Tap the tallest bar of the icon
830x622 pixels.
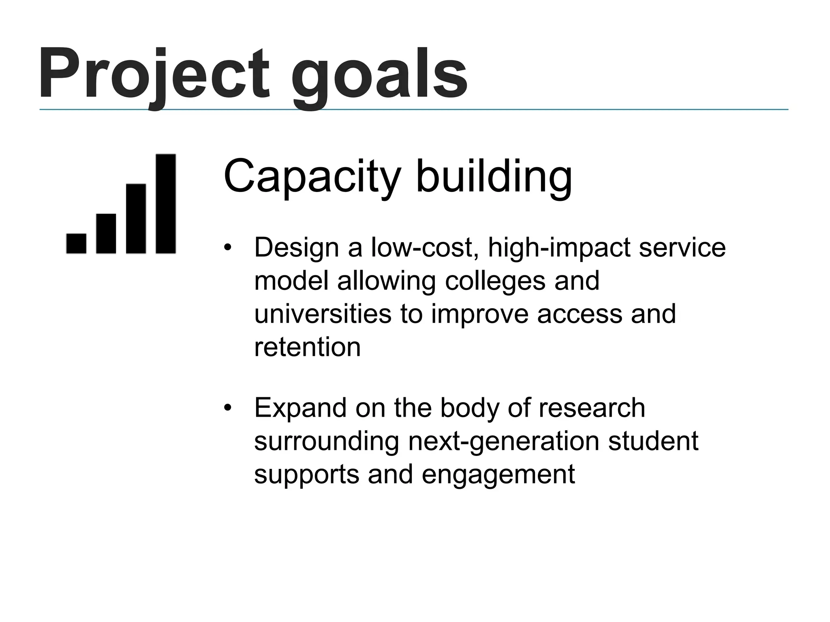coord(166,204)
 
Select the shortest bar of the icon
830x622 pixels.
coord(76,243)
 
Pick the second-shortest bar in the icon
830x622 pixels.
coord(106,234)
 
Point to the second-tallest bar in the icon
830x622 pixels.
coord(136,219)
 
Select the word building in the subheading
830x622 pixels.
coord(494,177)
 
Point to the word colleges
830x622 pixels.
coord(495,281)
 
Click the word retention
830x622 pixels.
coord(307,347)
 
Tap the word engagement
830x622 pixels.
coord(498,475)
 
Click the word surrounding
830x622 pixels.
coord(327,441)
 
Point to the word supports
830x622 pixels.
coord(306,475)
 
